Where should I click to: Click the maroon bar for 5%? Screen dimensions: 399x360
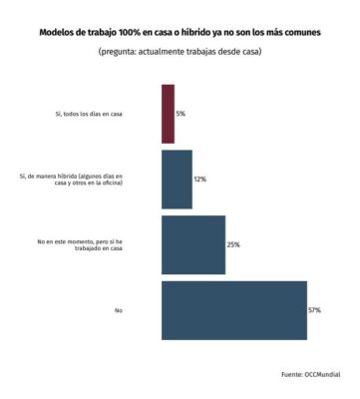pos(168,113)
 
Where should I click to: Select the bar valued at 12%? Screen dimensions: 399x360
pos(177,179)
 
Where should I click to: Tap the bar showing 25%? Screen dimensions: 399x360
pos(193,244)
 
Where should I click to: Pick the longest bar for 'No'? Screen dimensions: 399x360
pos(233,310)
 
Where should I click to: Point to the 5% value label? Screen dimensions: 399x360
pos(180,114)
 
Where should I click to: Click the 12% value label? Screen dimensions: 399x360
pos(200,180)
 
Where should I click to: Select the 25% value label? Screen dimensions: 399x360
pos(233,245)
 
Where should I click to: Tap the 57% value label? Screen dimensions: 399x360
pos(314,310)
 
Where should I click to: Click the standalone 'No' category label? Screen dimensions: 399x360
pos(118,311)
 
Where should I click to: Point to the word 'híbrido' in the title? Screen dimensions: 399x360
pos(198,32)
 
